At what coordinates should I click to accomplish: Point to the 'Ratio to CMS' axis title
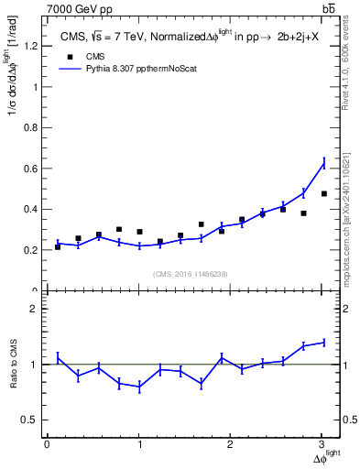13,365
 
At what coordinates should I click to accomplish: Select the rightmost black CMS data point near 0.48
324,193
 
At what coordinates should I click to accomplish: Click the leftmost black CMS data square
58,246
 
